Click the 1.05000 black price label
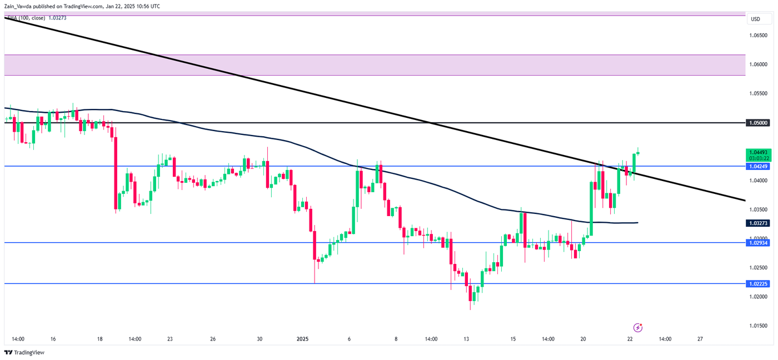tap(759, 122)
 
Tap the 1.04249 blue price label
tap(759, 166)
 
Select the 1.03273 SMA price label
tap(759, 223)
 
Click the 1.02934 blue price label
tap(759, 243)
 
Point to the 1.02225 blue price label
tap(759, 283)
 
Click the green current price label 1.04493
tap(759, 152)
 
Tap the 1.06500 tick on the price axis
tap(759, 35)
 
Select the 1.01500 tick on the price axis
tap(759, 326)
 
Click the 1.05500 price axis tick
tap(759, 93)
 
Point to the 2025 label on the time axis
tap(303, 339)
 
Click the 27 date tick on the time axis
tap(700, 339)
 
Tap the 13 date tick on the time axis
tap(466, 339)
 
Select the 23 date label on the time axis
tap(169, 339)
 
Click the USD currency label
tap(755, 19)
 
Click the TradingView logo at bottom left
tap(24, 352)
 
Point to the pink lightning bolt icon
tap(638, 328)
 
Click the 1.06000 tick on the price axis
tap(759, 64)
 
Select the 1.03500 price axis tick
tap(759, 209)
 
